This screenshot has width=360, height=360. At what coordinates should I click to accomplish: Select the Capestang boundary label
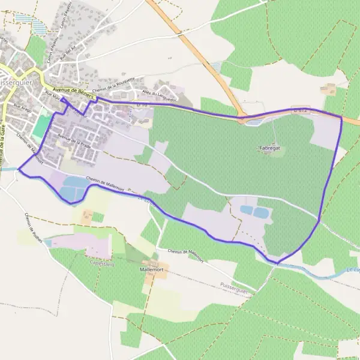101,262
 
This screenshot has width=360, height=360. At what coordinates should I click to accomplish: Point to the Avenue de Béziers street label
70,90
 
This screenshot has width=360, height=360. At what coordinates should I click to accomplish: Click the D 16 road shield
142,104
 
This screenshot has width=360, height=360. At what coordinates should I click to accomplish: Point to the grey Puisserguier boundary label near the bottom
233,287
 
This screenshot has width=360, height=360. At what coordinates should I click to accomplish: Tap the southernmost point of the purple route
277,263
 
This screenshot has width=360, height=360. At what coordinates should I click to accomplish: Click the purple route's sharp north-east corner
341,118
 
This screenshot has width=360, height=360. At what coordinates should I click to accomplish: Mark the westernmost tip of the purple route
19,169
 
